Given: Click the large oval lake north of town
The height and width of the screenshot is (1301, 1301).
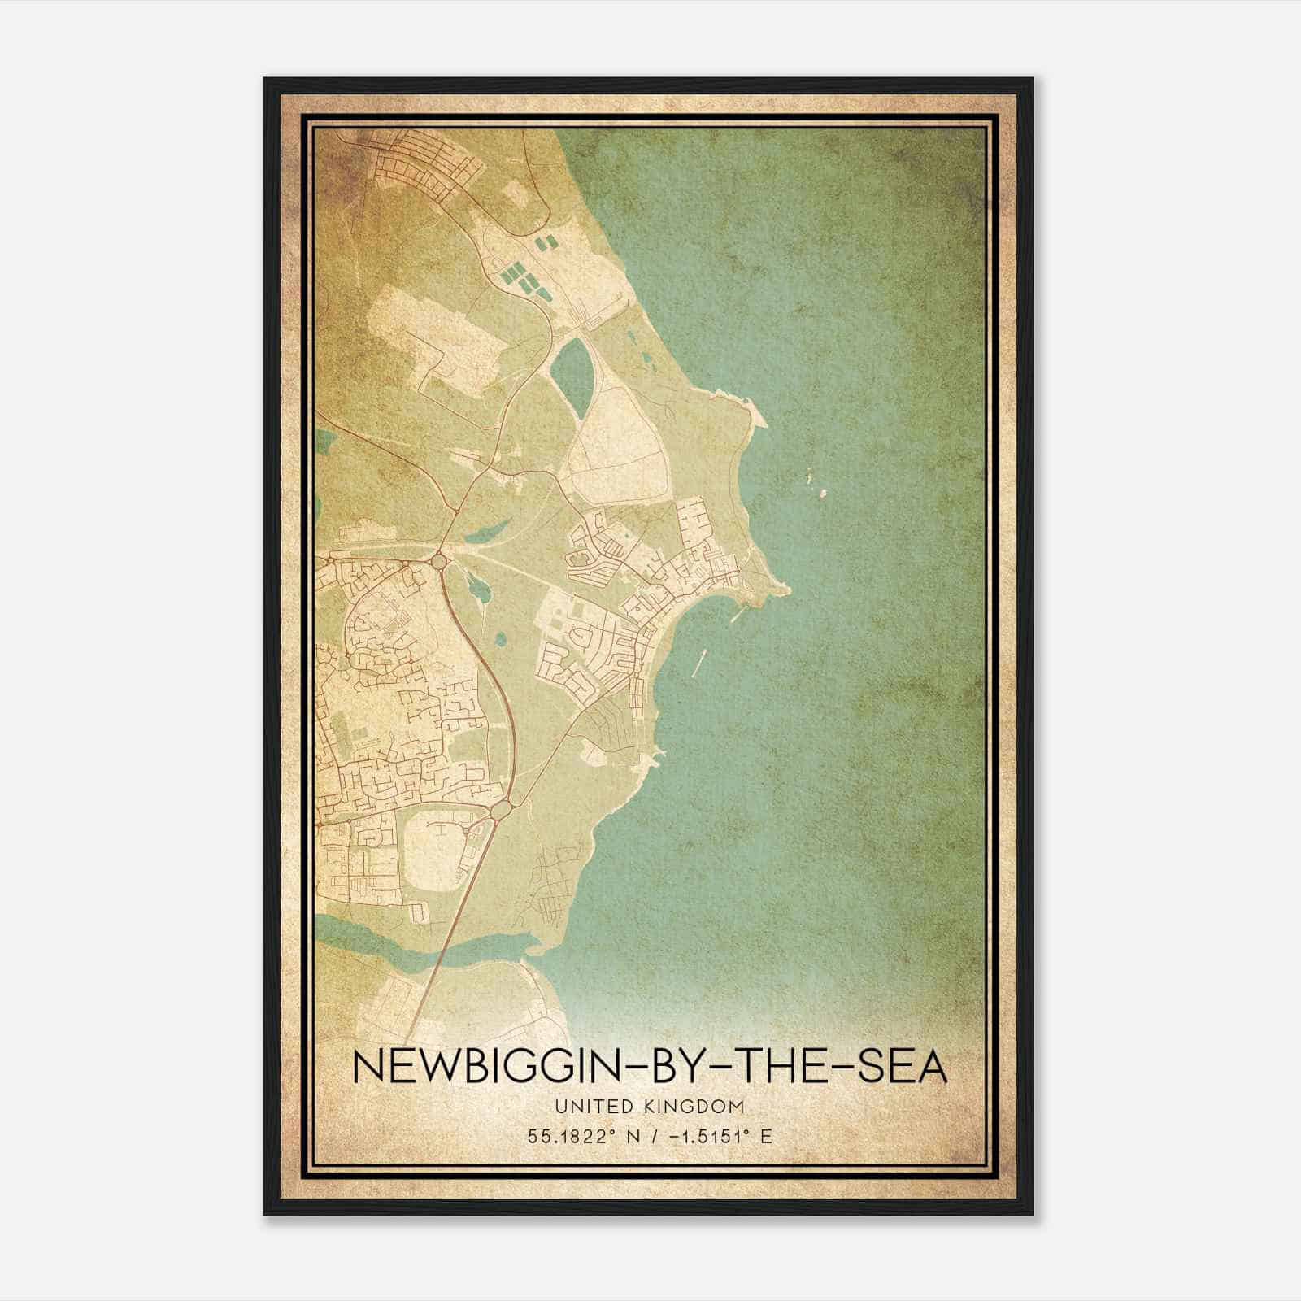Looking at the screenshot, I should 572,376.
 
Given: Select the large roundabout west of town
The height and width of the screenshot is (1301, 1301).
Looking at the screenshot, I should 440,561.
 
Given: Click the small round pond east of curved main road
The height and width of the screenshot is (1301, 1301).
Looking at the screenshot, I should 500,639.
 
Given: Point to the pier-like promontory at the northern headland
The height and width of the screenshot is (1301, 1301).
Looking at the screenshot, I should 757,415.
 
